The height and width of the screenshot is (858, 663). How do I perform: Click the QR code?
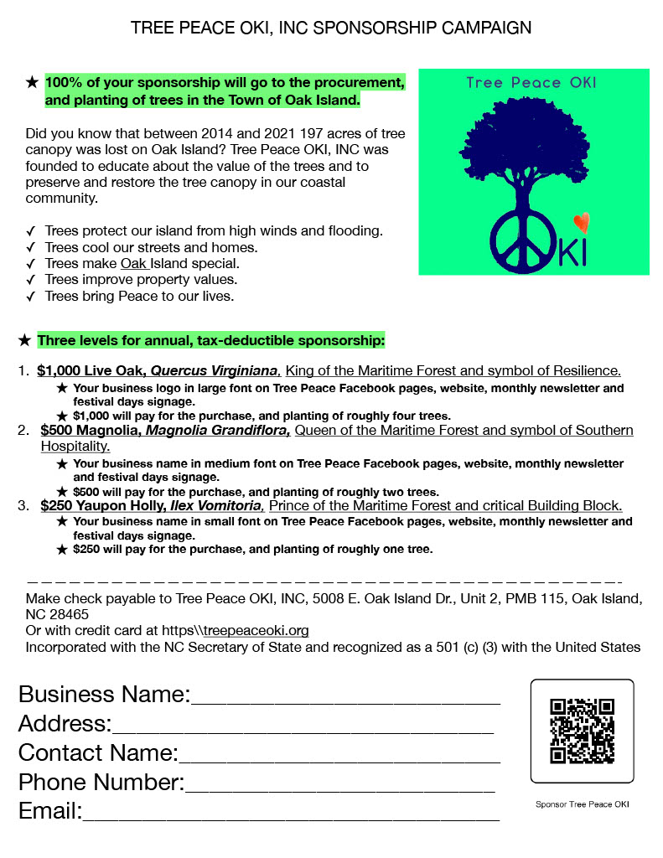(x=582, y=731)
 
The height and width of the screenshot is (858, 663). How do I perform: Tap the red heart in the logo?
(x=581, y=223)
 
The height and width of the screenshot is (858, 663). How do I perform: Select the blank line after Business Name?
(x=345, y=700)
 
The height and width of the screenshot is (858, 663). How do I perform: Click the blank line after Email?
(x=291, y=814)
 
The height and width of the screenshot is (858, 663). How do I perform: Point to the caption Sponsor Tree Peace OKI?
(x=582, y=804)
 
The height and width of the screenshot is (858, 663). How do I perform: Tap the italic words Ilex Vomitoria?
(x=216, y=506)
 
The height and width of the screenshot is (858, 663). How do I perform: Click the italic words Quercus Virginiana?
(x=215, y=371)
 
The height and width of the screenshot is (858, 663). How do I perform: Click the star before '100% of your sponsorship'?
(x=32, y=83)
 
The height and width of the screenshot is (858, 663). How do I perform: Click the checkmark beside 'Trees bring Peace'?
(x=31, y=296)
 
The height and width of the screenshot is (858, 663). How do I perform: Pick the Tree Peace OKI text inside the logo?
(x=531, y=83)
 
